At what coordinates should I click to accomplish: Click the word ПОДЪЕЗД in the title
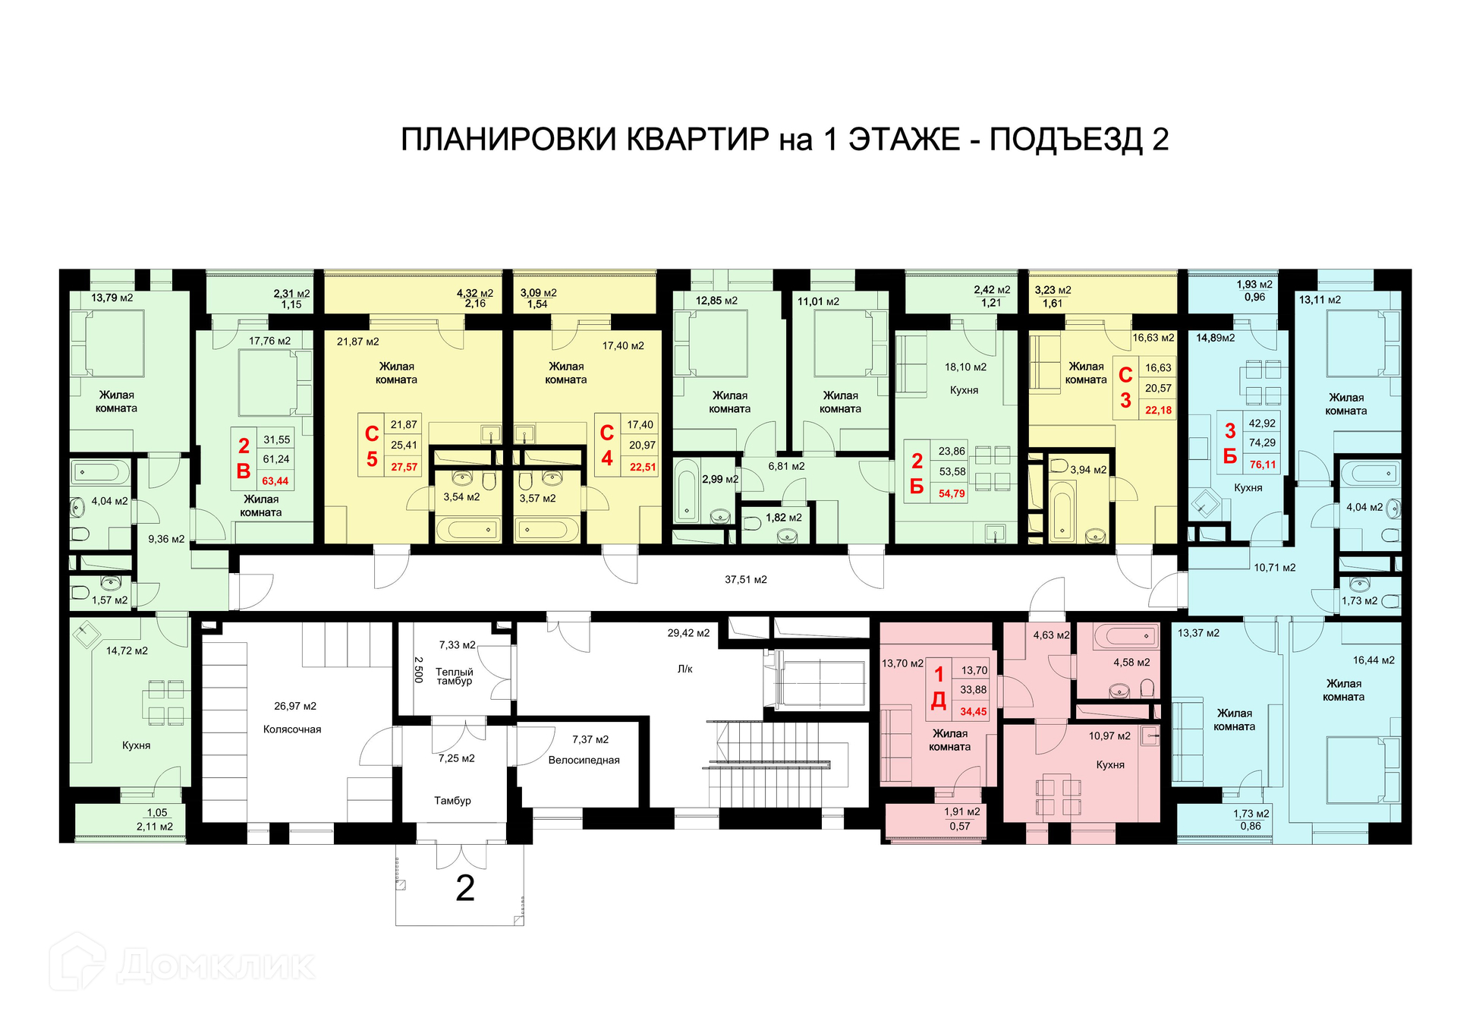(x=1065, y=140)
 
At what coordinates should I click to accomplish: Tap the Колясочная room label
(x=292, y=729)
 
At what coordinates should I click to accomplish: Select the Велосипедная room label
(x=584, y=761)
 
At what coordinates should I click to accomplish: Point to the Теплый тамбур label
(x=454, y=676)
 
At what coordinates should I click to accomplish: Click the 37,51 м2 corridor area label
(x=745, y=580)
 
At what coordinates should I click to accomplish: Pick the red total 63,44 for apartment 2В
(x=275, y=481)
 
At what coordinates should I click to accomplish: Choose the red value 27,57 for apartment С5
(x=404, y=468)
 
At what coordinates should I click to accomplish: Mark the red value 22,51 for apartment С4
(x=642, y=468)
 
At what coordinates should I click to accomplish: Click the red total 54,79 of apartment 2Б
(x=952, y=494)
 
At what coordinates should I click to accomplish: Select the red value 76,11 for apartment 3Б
(x=1263, y=465)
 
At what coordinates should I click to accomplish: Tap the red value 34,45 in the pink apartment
(x=974, y=712)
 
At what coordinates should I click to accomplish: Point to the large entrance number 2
(x=465, y=888)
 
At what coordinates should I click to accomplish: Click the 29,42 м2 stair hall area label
(x=688, y=633)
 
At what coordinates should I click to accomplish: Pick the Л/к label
(x=684, y=669)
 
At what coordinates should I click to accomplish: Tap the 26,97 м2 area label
(x=295, y=707)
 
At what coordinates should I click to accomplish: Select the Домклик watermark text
(x=216, y=966)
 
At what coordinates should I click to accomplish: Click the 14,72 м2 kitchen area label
(x=127, y=651)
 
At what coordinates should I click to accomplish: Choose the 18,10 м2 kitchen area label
(x=965, y=367)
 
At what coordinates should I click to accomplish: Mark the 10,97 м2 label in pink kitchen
(x=1109, y=736)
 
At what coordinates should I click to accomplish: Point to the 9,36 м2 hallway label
(x=166, y=540)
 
